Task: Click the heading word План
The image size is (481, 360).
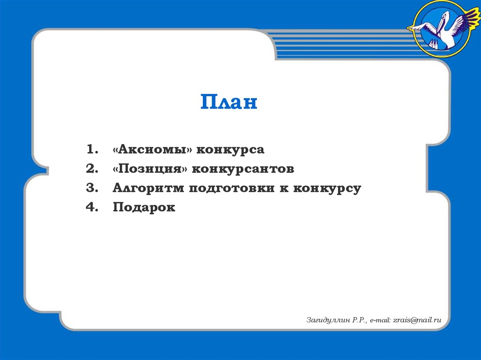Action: tap(229, 102)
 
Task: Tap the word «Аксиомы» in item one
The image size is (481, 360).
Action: tap(152, 150)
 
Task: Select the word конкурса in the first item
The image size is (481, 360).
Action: tap(231, 150)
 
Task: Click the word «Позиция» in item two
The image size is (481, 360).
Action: tap(150, 169)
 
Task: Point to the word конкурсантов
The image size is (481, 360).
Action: tap(243, 169)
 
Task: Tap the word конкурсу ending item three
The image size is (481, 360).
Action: tap(327, 189)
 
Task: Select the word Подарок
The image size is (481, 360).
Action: tap(144, 207)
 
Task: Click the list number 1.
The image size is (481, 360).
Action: tap(92, 150)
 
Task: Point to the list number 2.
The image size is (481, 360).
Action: tap(92, 169)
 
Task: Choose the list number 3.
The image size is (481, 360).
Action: tap(92, 188)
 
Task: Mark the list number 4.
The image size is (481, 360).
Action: tap(92, 207)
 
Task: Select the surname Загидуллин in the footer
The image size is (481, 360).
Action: tap(327, 320)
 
